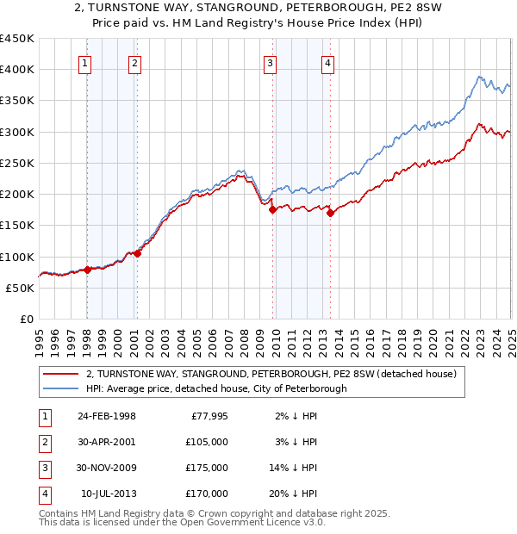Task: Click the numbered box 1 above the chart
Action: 86,62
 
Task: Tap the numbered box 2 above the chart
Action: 136,62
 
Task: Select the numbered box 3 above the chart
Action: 271,62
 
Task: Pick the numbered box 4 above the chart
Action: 328,62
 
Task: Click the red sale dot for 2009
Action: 272,209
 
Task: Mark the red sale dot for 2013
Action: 330,213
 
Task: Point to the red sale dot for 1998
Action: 87,270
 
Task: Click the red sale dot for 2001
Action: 137,253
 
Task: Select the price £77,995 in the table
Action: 207,416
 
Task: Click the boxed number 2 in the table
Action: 43,442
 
